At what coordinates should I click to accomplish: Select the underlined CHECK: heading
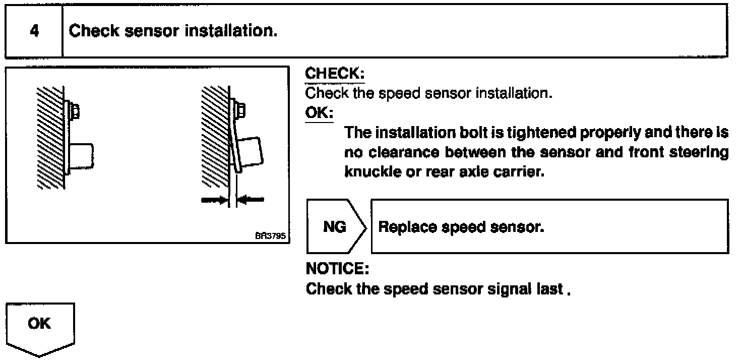(x=335, y=74)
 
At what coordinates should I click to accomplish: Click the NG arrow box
(x=334, y=227)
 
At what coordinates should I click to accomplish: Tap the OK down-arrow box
(x=40, y=327)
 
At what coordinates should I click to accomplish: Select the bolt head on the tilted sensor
(x=240, y=109)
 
